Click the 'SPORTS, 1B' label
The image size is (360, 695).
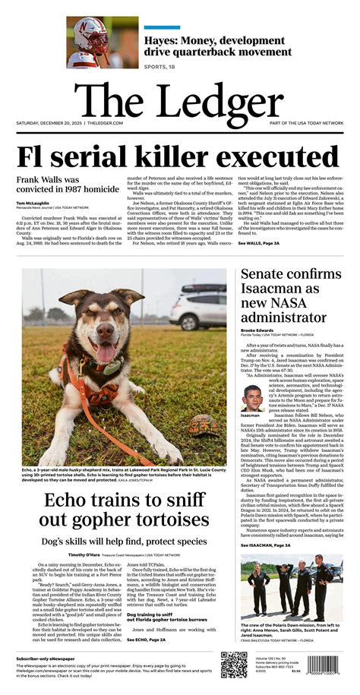pyautogui.click(x=163, y=66)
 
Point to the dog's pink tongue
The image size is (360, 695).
pyautogui.click(x=103, y=354)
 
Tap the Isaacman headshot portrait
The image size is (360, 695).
pyautogui.click(x=253, y=400)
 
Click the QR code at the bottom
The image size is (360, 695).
pyautogui.click(x=234, y=665)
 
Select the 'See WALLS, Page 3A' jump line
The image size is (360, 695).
pyautogui.click(x=259, y=243)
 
